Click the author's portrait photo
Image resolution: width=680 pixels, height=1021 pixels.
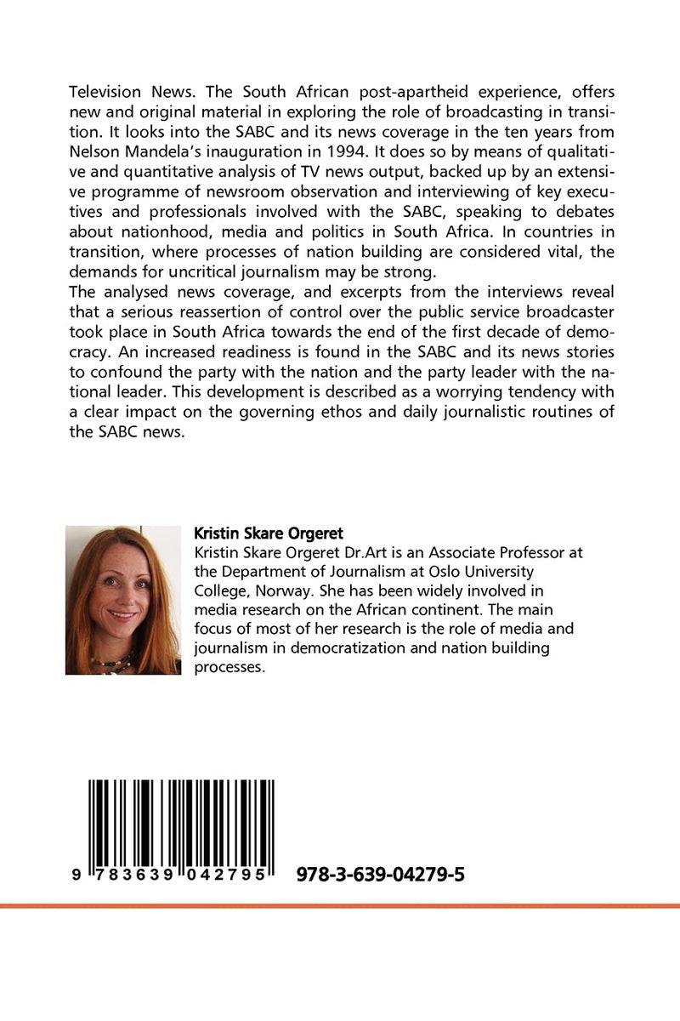pos(122,600)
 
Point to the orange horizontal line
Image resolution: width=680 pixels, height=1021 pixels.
pos(340,907)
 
